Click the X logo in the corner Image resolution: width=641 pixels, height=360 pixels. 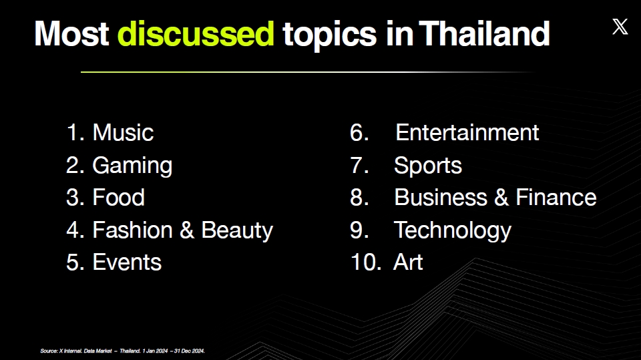(x=620, y=27)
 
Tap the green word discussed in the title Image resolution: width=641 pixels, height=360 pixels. (x=196, y=33)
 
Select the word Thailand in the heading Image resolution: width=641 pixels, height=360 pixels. (x=485, y=33)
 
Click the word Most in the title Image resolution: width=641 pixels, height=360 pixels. (x=71, y=33)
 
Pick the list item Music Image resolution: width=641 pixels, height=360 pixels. (x=123, y=132)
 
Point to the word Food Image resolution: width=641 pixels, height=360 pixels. (x=119, y=197)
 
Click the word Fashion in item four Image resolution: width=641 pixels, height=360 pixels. (x=132, y=230)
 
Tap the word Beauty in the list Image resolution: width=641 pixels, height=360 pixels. (x=237, y=230)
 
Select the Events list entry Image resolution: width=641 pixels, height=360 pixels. (x=127, y=262)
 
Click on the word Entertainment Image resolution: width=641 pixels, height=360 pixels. (x=467, y=132)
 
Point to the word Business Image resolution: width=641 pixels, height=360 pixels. (x=441, y=197)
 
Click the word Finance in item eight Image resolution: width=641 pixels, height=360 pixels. (x=556, y=197)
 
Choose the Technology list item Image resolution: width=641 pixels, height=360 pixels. (x=453, y=230)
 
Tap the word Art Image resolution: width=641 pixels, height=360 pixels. (x=408, y=262)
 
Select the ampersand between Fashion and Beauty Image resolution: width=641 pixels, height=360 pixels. (x=187, y=230)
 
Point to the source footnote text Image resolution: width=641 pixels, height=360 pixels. (x=123, y=351)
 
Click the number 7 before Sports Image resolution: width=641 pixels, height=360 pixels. (x=359, y=165)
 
